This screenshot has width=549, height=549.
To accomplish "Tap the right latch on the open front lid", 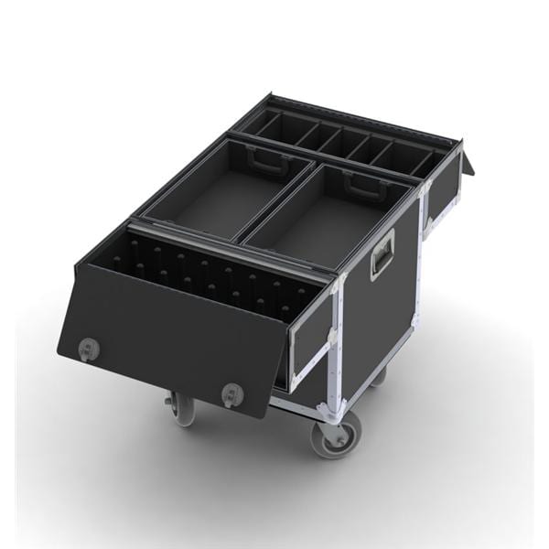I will (x=232, y=393).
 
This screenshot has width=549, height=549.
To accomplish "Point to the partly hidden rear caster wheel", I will (x=378, y=374).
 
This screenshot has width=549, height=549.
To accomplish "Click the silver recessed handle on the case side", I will (x=382, y=253).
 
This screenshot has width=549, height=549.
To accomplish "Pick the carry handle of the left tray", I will (x=266, y=162).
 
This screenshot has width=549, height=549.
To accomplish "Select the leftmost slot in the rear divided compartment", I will (x=271, y=126).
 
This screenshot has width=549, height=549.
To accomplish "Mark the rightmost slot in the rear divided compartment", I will (x=423, y=164).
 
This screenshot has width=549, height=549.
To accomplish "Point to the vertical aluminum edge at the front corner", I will (x=337, y=348).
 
